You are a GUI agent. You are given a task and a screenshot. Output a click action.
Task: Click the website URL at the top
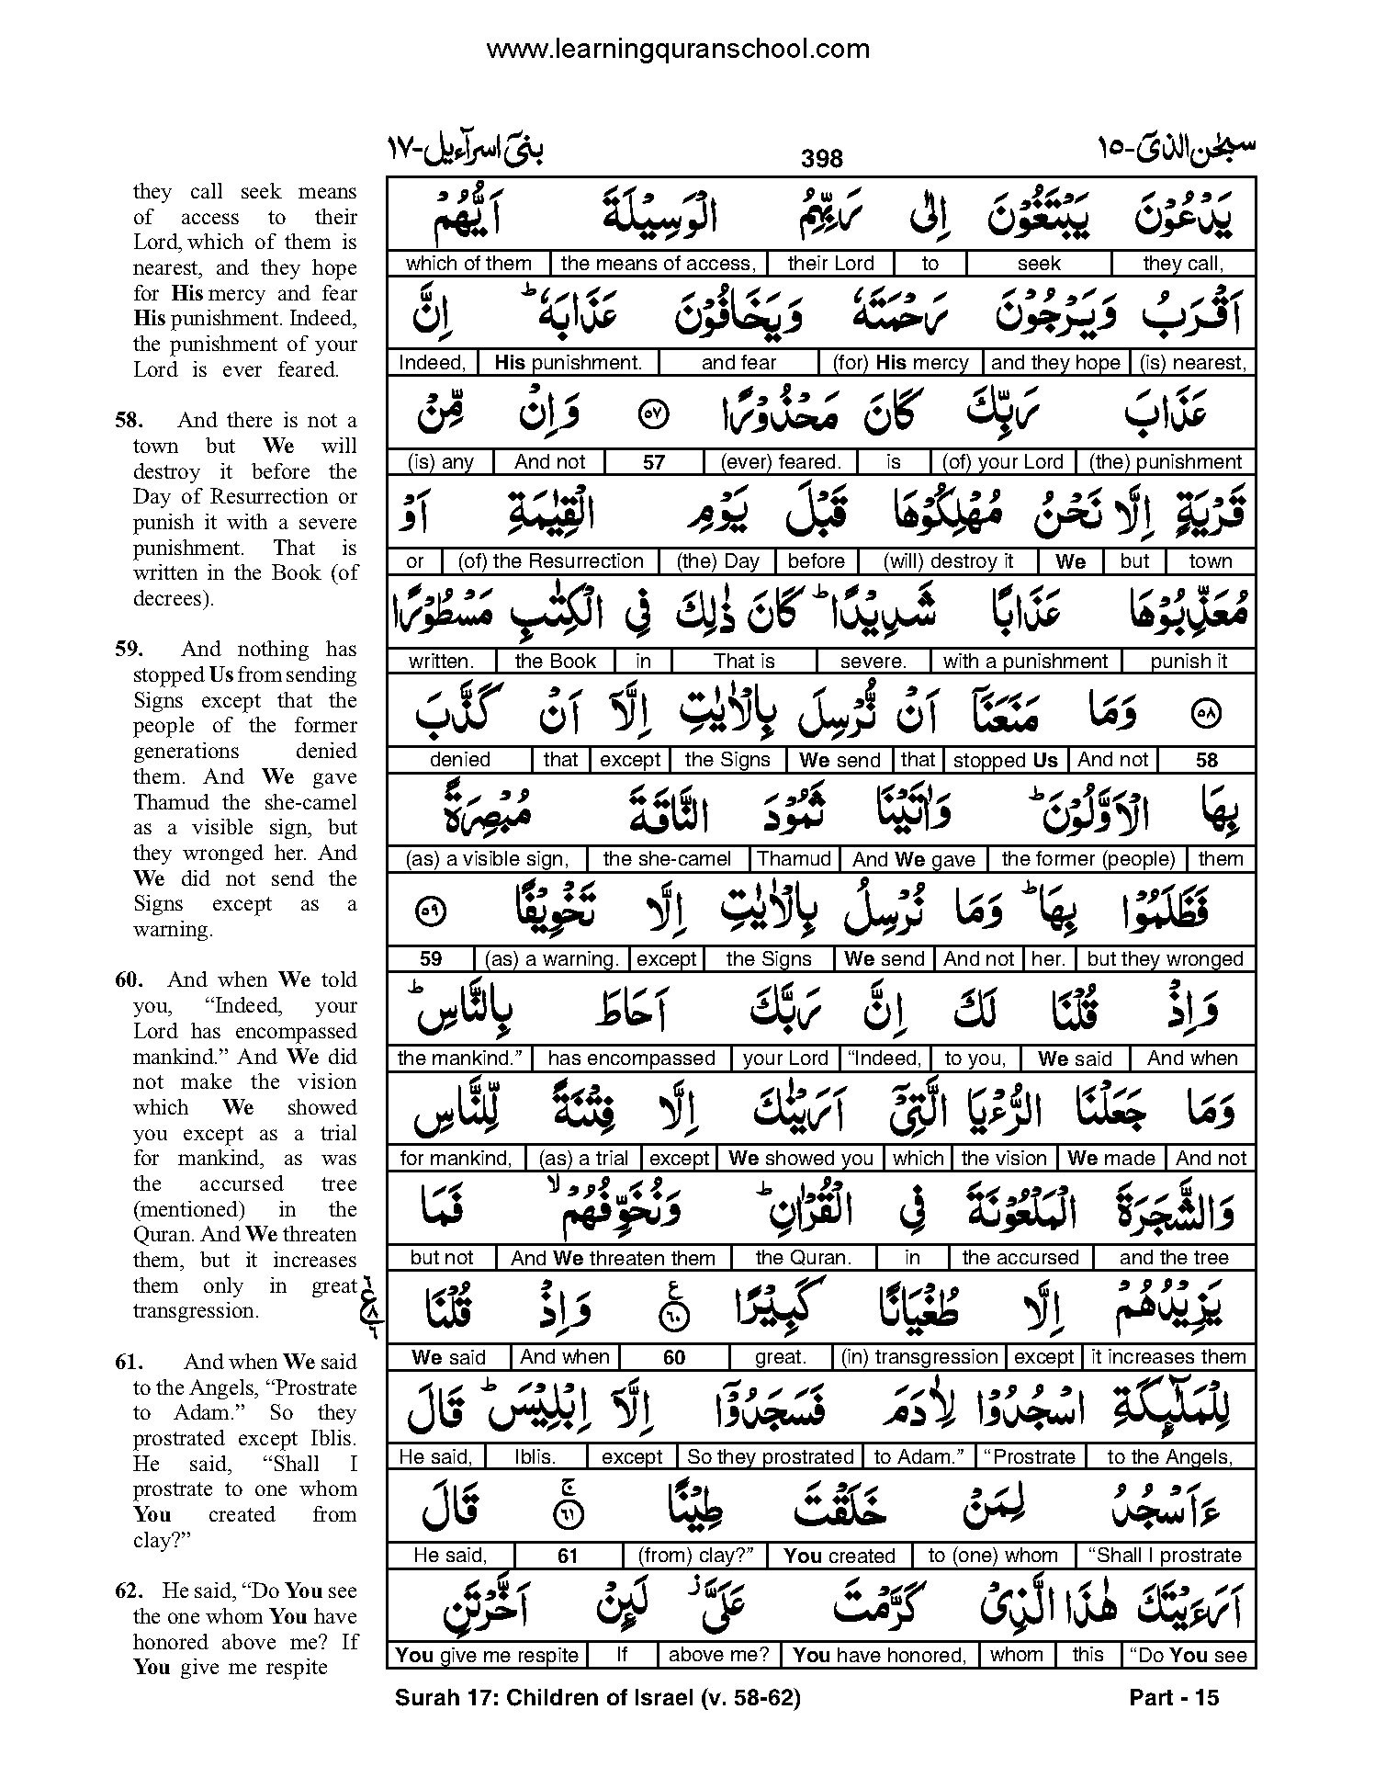tap(678, 49)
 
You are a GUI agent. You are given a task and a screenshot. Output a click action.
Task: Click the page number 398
tap(821, 159)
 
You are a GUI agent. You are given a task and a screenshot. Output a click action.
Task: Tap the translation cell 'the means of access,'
tap(658, 264)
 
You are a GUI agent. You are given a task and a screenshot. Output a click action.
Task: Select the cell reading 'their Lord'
tap(830, 264)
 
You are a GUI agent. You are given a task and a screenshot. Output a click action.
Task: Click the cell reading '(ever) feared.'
tap(781, 462)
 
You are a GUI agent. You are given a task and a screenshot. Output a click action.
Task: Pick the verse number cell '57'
tap(653, 462)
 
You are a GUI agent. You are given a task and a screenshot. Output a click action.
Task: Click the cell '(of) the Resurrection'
tap(550, 561)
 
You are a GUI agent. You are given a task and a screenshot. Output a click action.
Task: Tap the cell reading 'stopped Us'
tap(1005, 761)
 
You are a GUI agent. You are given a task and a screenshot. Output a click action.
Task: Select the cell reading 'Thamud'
tap(794, 859)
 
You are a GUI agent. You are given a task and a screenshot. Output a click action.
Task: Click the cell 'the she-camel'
tap(667, 859)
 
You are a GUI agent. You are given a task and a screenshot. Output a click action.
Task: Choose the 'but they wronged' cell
tap(1165, 959)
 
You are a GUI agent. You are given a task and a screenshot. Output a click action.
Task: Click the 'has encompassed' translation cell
tap(631, 1058)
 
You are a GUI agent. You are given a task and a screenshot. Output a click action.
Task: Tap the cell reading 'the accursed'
tap(1020, 1258)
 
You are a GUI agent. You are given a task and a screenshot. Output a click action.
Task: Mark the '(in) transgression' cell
tap(919, 1357)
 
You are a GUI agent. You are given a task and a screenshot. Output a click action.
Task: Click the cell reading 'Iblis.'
tap(535, 1457)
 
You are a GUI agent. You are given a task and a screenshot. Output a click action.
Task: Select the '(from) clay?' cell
tap(694, 1556)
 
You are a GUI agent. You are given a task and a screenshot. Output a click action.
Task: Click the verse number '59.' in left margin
tap(129, 650)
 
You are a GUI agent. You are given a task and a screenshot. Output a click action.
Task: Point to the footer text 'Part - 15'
tap(1173, 1698)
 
